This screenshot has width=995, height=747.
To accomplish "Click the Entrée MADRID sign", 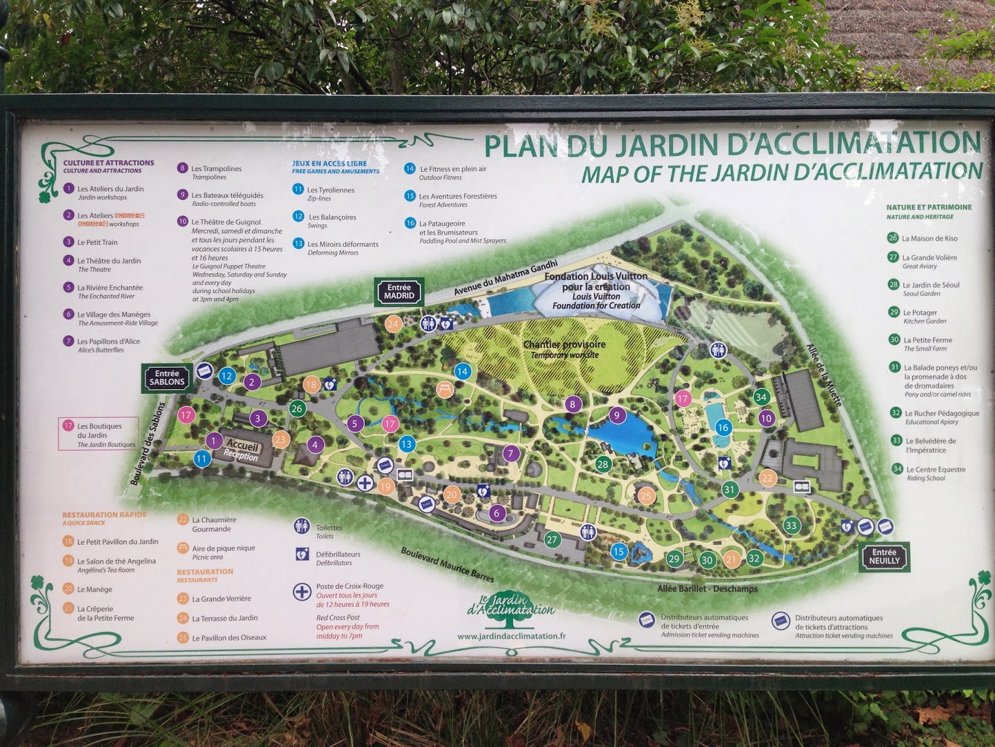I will pos(399,292).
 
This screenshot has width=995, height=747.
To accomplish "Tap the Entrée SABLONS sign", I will pos(167,377).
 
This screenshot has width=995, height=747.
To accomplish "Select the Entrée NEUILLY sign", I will pos(884,556).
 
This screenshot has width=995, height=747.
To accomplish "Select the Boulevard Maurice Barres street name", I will pos(447,565).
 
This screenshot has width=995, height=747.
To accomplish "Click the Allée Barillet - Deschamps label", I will pos(707,588).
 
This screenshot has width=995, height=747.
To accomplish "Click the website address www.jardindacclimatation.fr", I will pos(511,636).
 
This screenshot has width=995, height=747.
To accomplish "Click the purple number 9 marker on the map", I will pos(616,416).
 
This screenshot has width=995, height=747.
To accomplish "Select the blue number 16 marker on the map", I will pos(723,428).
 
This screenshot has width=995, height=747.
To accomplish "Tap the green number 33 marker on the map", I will pos(790,525).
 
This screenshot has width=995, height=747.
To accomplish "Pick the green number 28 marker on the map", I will pos(602,464).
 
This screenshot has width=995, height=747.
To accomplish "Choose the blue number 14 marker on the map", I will pos(461,372).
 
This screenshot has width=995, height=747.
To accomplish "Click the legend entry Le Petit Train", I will pos(97,242).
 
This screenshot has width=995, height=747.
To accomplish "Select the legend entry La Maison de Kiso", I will pos(929,238).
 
